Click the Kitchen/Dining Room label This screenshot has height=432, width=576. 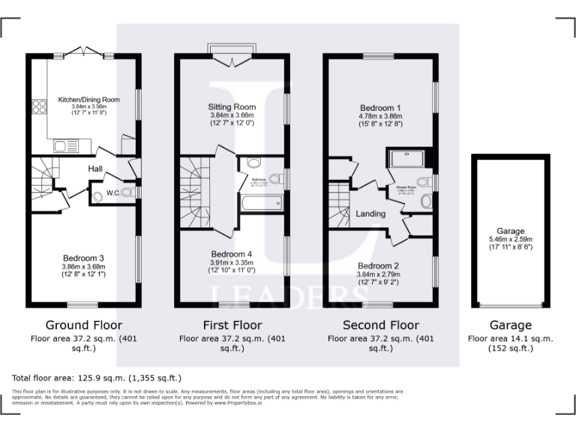click(89, 99)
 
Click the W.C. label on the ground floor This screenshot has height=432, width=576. click(112, 193)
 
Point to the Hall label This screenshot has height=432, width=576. click(95, 168)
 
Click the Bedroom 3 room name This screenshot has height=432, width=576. click(82, 258)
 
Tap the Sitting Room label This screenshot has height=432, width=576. click(231, 107)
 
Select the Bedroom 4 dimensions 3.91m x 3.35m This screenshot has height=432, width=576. click(231, 262)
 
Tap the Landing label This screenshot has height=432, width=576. click(370, 214)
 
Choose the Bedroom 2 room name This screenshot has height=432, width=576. click(378, 266)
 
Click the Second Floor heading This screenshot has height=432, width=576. click(380, 325)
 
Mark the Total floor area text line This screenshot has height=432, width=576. click(97, 377)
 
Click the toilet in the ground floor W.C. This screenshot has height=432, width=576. click(98, 197)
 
